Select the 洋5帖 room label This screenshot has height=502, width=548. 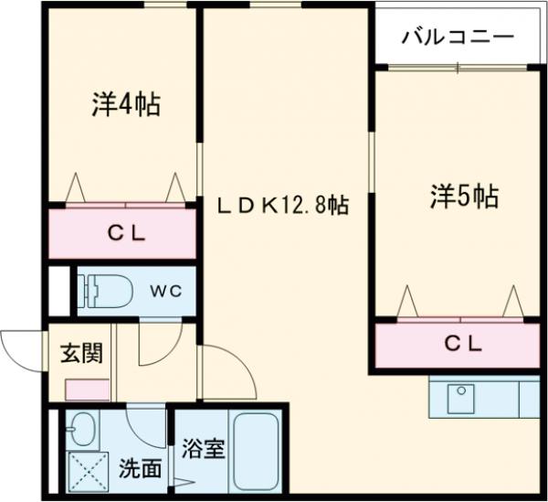464,196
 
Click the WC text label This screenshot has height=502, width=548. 166,291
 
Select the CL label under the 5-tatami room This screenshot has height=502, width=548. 464,345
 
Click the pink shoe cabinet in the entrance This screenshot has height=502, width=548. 88,387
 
